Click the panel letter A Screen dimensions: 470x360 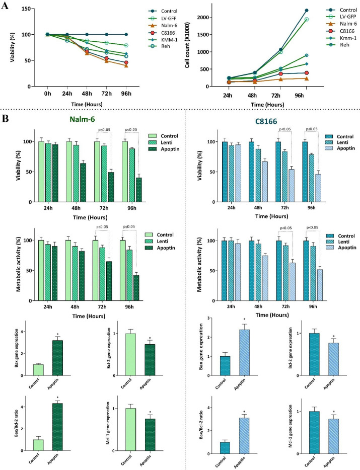pyautogui.click(x=6, y=7)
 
